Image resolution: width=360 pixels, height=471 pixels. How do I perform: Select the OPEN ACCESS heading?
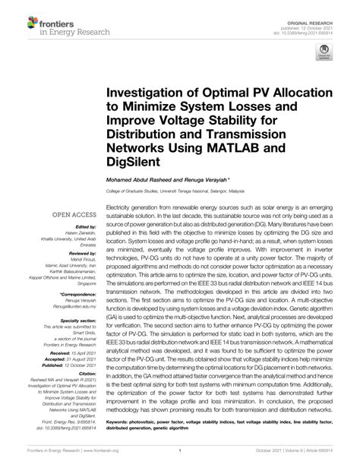point(74,215)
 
